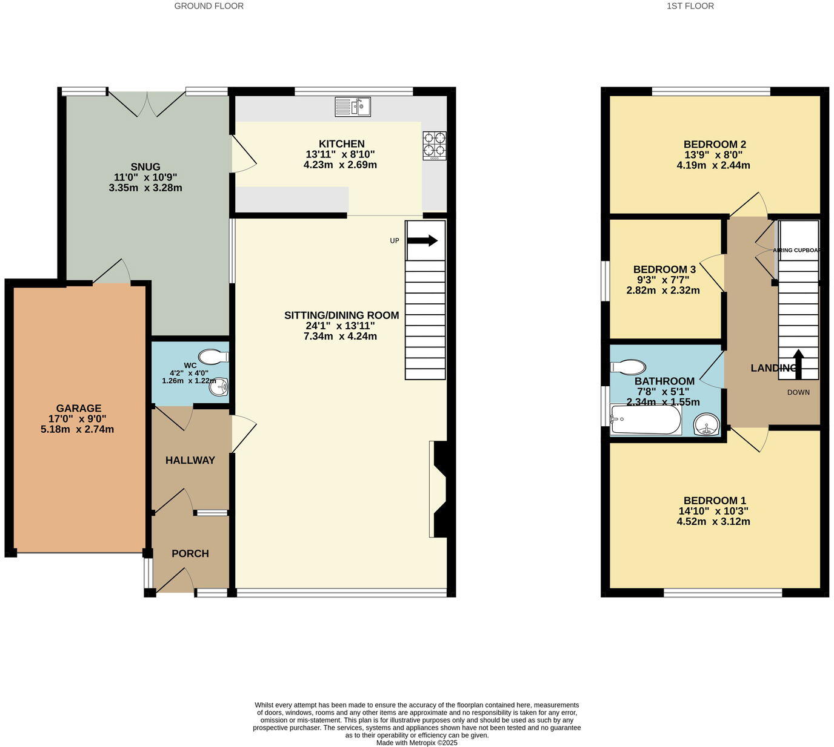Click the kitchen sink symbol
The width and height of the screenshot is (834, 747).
point(353,107)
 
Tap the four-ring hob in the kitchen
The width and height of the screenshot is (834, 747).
point(434,145)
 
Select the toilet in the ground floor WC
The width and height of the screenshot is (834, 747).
point(213,356)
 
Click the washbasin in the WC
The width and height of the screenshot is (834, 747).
point(218,387)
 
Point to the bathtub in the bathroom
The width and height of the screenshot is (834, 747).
point(646,420)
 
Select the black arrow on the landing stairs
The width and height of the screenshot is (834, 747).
point(798,363)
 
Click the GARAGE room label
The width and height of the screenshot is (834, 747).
point(79,409)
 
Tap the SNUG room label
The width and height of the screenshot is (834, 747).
point(145,167)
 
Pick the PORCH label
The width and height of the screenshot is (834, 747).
point(190,554)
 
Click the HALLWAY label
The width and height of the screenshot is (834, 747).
point(190,461)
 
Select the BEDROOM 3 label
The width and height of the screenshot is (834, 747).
point(664,269)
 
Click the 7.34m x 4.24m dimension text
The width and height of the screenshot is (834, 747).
point(340,336)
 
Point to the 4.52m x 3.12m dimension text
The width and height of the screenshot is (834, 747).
point(713,521)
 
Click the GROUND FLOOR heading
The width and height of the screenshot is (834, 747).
point(209,6)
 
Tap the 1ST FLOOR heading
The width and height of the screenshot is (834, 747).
point(690,6)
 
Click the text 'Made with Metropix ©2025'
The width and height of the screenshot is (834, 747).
point(417,743)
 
